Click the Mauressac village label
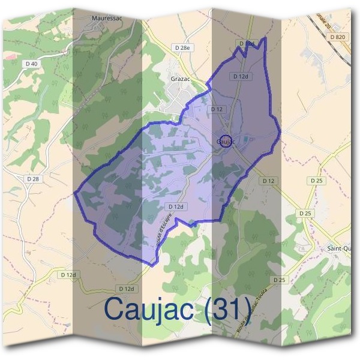(107, 19)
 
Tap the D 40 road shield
(32, 63)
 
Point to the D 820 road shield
(338, 37)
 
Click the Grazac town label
(179, 78)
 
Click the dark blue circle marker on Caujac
(226, 137)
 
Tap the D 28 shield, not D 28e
(32, 179)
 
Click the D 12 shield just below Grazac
(217, 109)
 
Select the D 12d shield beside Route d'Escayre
(175, 206)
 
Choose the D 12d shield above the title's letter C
(125, 289)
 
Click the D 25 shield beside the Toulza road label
(278, 280)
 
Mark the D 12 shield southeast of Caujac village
(268, 181)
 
